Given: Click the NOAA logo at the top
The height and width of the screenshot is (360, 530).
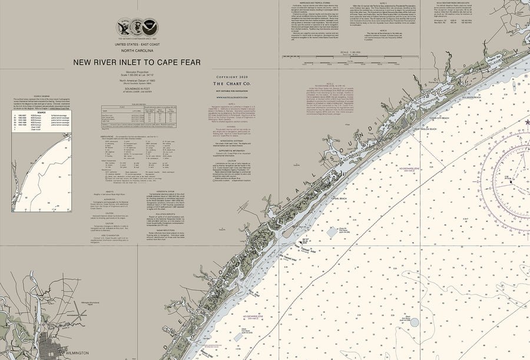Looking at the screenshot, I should (x=150, y=28).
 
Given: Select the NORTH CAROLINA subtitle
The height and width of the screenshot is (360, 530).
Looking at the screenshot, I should (x=137, y=51).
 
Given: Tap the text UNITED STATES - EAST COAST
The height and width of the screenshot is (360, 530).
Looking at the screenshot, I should (x=137, y=45).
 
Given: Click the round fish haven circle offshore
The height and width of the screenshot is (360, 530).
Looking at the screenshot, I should (x=415, y=322).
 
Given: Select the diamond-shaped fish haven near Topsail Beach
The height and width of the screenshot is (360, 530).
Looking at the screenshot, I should (x=332, y=232).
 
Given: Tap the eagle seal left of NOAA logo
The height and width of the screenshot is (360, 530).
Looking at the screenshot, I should (x=124, y=27).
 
